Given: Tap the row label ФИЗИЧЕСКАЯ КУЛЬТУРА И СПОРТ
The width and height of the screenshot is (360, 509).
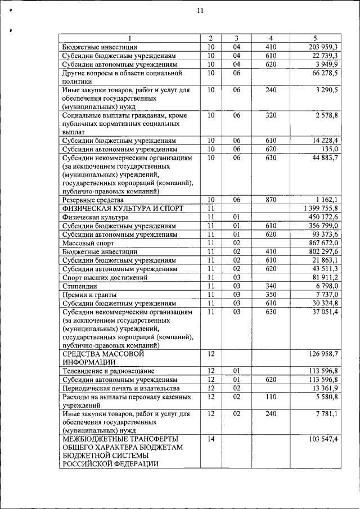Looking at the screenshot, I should tap(123, 208).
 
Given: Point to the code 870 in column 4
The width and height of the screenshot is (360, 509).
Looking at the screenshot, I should tap(271, 199).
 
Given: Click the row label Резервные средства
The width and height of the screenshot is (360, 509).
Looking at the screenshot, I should tap(94, 199).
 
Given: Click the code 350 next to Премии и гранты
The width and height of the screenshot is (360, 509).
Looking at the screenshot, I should tap(271, 295).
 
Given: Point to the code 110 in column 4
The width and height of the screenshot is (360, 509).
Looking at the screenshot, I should tap(271, 397).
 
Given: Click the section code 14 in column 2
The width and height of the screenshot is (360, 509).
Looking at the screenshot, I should tap(211, 438).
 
